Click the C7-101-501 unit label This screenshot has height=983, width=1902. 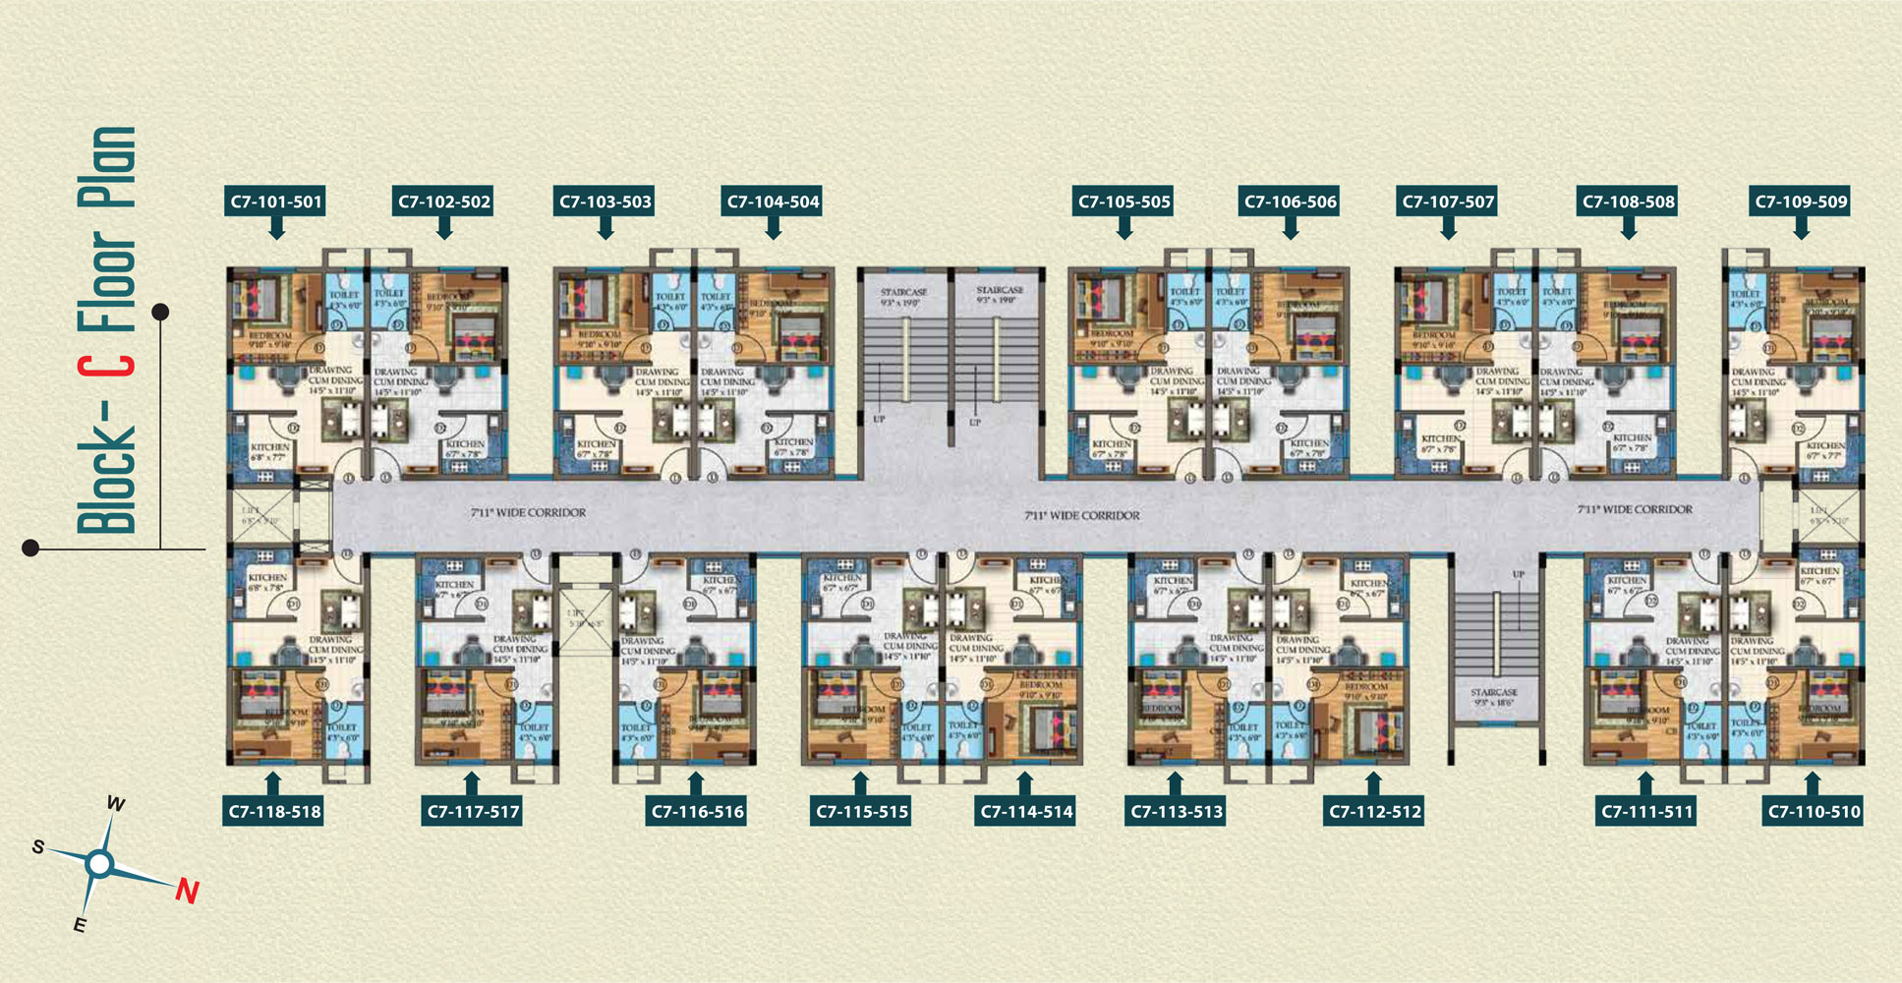tap(276, 202)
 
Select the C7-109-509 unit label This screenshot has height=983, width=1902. tap(1801, 202)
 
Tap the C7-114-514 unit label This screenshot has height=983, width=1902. tap(1026, 812)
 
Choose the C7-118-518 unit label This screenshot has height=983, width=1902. tap(274, 812)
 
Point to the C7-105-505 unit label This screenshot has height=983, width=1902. tap(1124, 202)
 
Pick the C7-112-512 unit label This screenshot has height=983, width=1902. tap(1374, 812)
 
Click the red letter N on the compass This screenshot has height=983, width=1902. tap(187, 892)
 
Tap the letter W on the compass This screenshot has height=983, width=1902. tap(115, 804)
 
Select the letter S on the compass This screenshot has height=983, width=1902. tap(37, 846)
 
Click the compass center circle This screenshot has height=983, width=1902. tap(99, 864)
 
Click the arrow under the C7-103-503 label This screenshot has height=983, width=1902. tap(605, 228)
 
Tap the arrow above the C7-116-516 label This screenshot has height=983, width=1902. tap(697, 783)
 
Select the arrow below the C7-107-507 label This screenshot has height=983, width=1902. tap(1448, 228)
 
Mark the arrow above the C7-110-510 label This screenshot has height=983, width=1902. tap(1814, 783)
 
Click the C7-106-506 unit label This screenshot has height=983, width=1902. tap(1291, 202)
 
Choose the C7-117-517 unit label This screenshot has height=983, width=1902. tap(473, 812)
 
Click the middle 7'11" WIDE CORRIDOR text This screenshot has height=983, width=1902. tap(1082, 515)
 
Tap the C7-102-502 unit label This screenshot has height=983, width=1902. tap(444, 202)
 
